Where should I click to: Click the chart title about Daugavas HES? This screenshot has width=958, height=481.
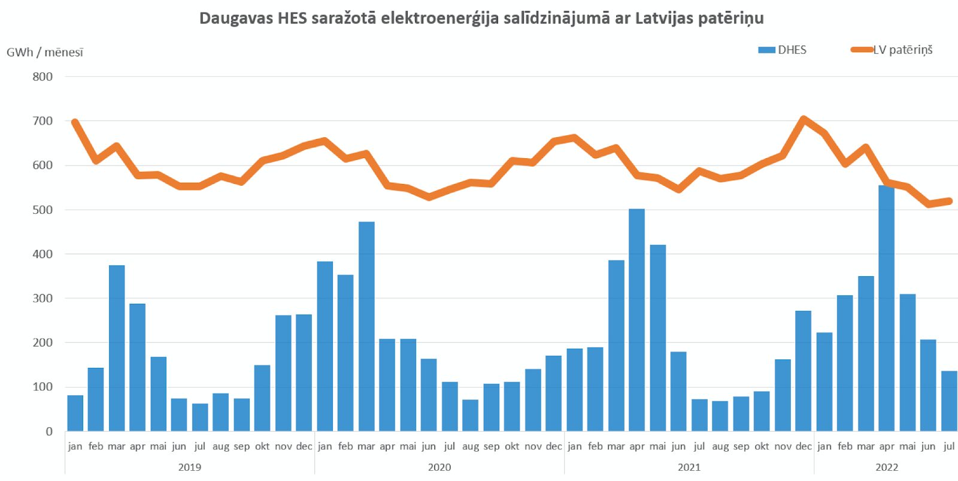[x=481, y=18]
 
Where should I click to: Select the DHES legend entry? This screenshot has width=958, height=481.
[x=782, y=50]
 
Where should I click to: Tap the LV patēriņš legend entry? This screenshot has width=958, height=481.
[x=892, y=50]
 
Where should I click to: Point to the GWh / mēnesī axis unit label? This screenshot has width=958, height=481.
[x=45, y=52]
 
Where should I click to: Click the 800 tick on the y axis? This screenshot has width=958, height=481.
[x=43, y=77]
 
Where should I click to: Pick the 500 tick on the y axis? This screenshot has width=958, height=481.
[x=43, y=210]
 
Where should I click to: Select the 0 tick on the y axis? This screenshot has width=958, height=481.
[x=49, y=431]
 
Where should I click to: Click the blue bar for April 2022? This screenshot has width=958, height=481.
[x=886, y=308]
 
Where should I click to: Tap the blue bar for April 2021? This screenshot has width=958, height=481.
[x=637, y=320]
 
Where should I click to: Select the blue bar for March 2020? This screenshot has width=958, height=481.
[x=366, y=326]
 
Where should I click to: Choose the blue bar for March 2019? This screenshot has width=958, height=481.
[x=117, y=348]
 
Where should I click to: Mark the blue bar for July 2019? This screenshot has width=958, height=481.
[x=200, y=418]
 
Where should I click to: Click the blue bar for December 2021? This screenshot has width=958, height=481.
[x=803, y=371]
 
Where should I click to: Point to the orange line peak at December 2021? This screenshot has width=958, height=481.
[x=804, y=119]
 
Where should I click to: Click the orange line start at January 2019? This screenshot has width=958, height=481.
[x=75, y=122]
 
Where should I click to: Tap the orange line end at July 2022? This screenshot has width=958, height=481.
[x=948, y=201]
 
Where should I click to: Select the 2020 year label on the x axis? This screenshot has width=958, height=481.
[x=439, y=467]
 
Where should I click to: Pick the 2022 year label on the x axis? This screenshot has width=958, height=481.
[x=887, y=467]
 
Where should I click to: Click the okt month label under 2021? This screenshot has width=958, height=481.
[x=762, y=446]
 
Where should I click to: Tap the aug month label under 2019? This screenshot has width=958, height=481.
[x=221, y=447]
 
